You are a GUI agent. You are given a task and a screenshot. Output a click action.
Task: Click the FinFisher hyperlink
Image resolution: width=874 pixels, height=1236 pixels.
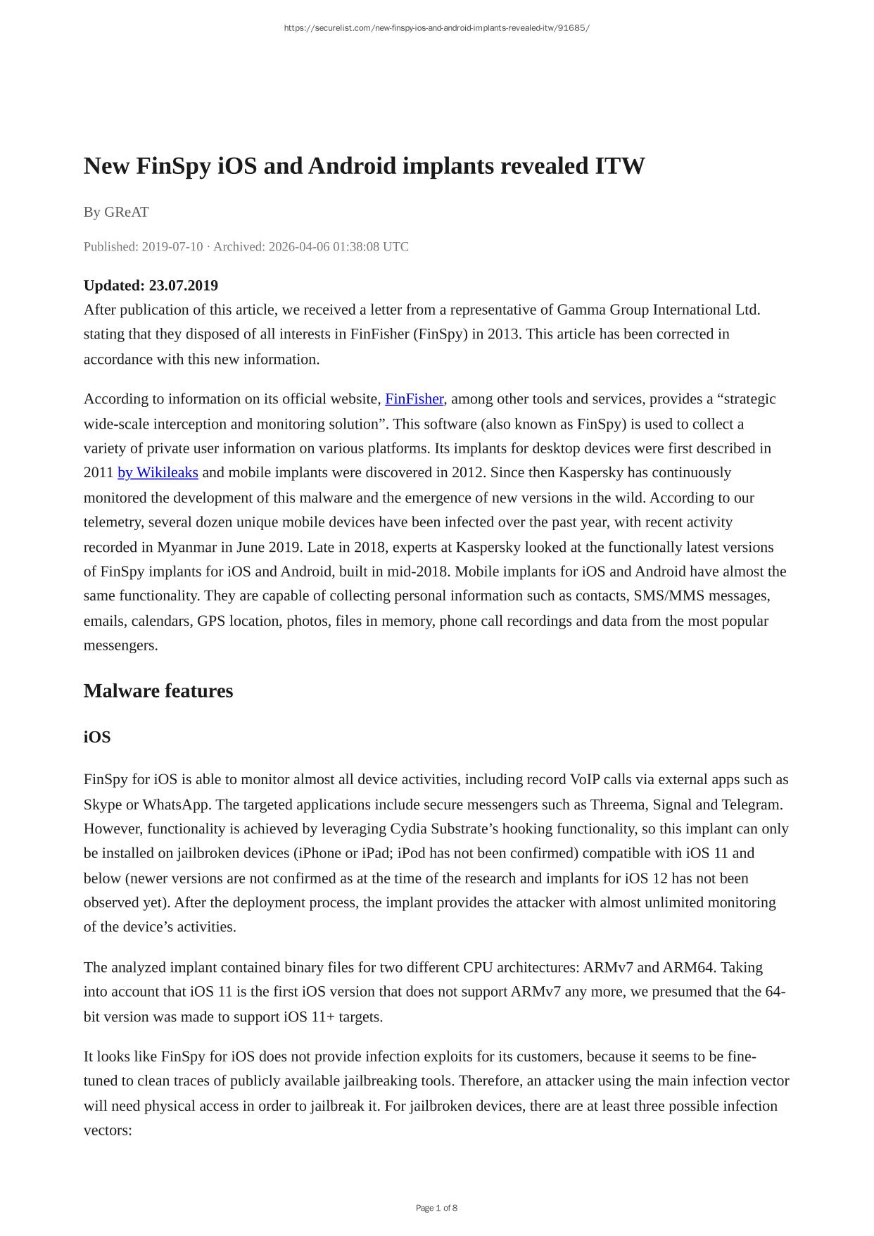414,399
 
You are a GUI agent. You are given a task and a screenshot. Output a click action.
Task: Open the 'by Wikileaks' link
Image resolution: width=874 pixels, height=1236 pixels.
158,472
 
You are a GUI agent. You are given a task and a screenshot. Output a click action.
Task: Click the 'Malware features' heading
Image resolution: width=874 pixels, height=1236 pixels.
158,690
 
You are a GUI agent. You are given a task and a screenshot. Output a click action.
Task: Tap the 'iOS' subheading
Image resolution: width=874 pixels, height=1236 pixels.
97,737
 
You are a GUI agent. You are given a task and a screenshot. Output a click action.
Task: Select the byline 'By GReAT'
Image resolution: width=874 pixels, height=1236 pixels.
116,212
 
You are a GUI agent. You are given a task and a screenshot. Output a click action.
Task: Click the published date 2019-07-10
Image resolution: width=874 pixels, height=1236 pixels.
172,246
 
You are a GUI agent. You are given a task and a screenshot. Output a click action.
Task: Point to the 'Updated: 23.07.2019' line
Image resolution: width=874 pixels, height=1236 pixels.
151,285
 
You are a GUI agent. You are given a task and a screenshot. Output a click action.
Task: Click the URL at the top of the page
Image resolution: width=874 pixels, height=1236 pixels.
436,28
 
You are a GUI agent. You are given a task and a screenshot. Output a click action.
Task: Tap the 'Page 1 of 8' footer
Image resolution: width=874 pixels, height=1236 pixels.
436,1208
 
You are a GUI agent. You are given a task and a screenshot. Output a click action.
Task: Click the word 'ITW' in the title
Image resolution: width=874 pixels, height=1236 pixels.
619,166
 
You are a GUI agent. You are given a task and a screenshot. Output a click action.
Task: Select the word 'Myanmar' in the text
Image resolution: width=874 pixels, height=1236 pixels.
187,547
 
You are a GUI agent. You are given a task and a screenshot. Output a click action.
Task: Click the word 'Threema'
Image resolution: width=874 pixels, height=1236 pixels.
619,805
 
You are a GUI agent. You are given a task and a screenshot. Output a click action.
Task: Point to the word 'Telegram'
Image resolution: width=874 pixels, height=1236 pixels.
752,805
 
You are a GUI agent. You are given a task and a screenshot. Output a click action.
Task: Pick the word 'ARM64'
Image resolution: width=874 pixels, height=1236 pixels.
688,967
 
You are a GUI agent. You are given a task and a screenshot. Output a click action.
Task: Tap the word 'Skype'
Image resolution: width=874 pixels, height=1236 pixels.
102,805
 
